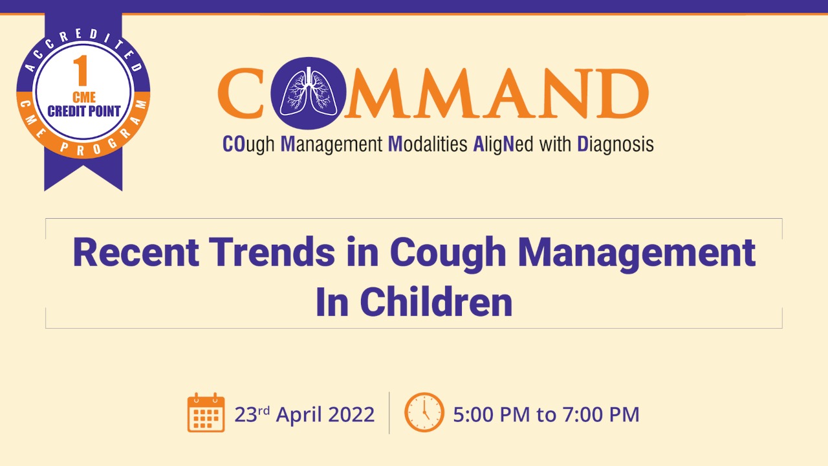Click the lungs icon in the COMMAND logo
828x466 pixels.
(x=308, y=93)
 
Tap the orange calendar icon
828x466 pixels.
(x=206, y=412)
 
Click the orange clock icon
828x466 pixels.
(x=424, y=412)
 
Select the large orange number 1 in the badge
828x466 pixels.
(x=82, y=71)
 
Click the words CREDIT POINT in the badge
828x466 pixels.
(x=84, y=111)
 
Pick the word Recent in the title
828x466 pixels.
(x=136, y=252)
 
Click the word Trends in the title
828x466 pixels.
(x=272, y=252)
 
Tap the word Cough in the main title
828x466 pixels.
(x=448, y=254)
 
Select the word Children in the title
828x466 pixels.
(x=436, y=302)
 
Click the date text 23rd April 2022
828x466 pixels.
(x=304, y=414)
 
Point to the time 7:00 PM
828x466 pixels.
(x=601, y=414)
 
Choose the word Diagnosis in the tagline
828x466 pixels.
(x=615, y=144)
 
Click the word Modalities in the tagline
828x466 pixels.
(x=428, y=144)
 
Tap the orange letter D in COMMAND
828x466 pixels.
(x=620, y=93)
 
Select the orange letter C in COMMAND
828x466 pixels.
(x=240, y=93)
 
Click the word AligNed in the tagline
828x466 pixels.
(x=503, y=144)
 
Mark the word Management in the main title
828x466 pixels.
(x=636, y=254)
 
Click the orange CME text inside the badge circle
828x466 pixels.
(x=84, y=97)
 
